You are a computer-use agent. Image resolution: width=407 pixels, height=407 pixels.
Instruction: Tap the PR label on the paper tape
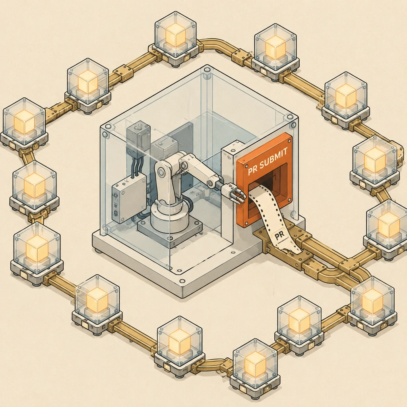(279, 235)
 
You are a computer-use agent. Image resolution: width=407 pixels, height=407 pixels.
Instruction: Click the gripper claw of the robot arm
(235, 194)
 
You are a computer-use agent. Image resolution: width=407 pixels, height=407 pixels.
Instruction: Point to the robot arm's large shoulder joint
(163, 171)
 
